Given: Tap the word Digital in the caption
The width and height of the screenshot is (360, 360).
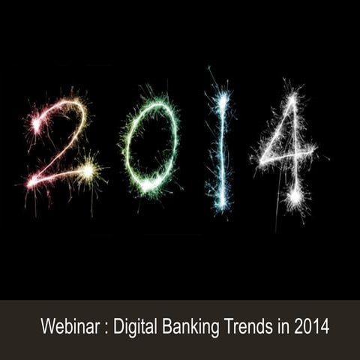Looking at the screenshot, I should (134, 328).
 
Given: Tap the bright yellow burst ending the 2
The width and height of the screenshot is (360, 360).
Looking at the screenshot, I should (88, 171).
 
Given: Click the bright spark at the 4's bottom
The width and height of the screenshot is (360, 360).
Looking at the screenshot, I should (295, 196).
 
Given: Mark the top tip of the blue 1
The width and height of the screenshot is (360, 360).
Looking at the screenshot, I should (220, 91).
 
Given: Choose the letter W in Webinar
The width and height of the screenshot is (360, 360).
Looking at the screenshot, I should (47, 328).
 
